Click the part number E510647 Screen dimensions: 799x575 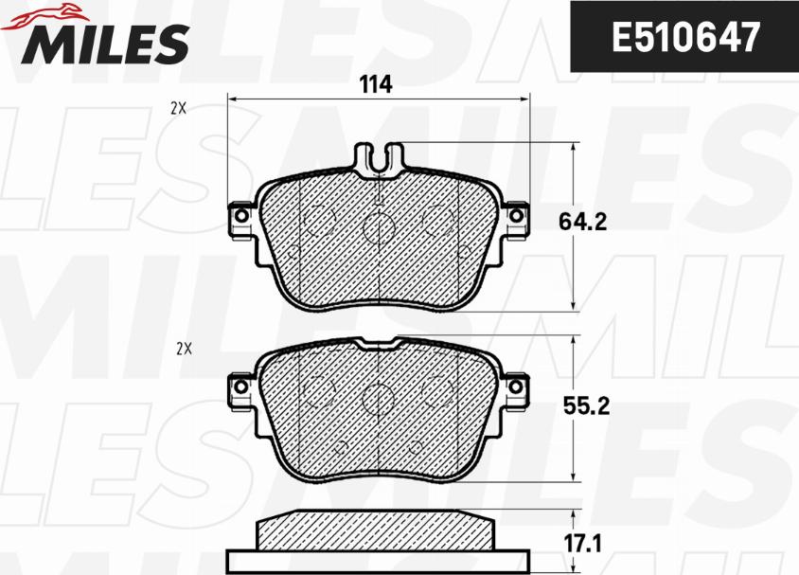pos(685,37)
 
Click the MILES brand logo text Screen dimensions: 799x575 pos(105,44)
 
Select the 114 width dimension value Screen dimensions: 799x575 pos(376,84)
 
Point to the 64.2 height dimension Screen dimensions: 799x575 pos(582,222)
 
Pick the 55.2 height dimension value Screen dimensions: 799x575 pos(586,406)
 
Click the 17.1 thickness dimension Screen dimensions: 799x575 pos(582,544)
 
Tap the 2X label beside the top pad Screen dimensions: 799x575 pos(178,108)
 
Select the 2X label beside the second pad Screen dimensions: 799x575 pos(184,350)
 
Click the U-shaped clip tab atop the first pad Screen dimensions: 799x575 pos(379,159)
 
